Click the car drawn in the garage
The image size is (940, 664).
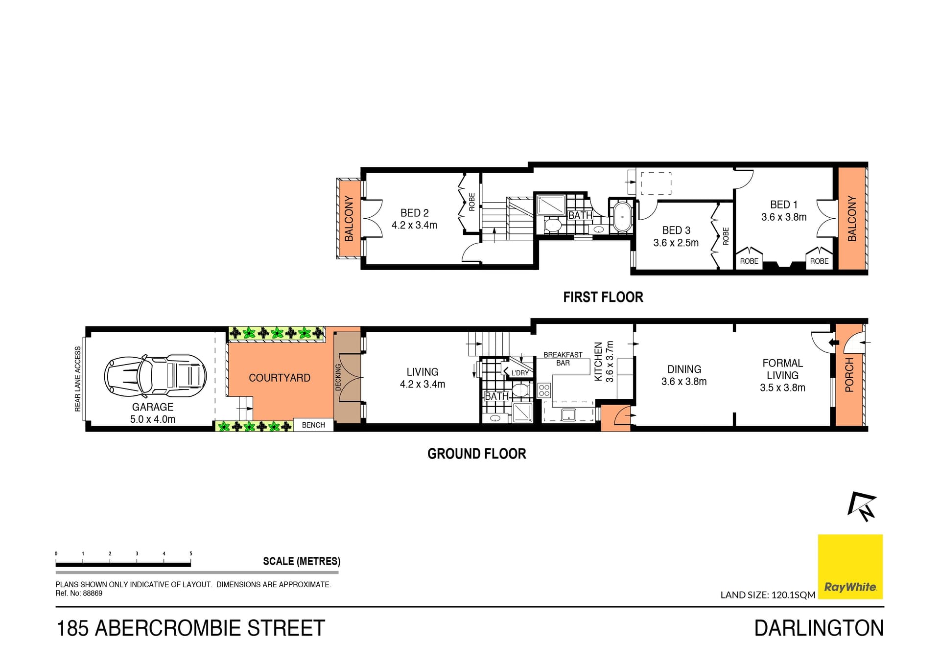point(155,376)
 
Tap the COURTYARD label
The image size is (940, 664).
point(279,378)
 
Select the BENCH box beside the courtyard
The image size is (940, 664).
point(313,425)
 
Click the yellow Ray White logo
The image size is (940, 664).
point(850,566)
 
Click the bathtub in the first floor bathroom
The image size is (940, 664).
point(622,217)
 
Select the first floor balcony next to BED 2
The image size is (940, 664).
point(349,218)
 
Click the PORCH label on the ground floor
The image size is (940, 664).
point(849,374)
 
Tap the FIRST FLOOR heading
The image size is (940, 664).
point(603,297)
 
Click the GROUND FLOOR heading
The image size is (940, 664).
point(476,454)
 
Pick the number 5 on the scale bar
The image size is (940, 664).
point(191,553)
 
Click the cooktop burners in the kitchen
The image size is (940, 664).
point(544,390)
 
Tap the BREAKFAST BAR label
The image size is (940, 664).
point(563,359)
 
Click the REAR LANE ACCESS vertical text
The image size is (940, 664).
point(77,379)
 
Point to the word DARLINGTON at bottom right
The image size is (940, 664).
point(819,628)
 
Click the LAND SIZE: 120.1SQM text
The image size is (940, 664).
point(767,595)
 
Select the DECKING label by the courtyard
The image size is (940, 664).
point(338,377)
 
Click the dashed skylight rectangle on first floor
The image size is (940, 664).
point(656,183)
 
